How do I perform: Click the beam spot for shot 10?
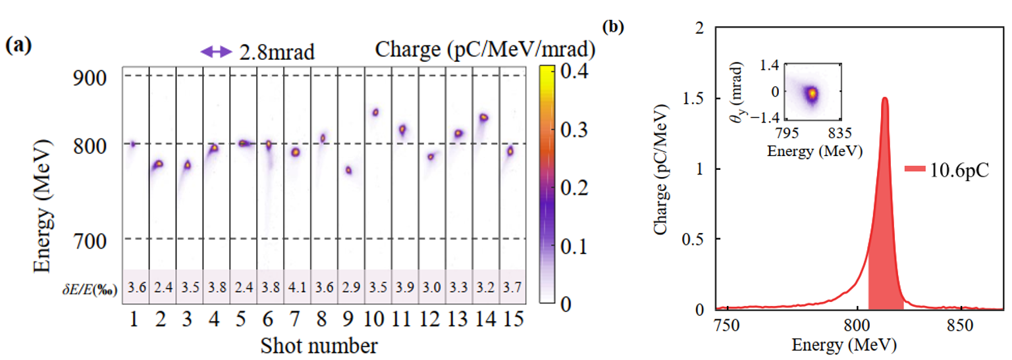pyautogui.click(x=375, y=113)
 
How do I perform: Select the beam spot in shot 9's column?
pyautogui.click(x=348, y=170)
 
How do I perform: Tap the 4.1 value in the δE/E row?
pyautogui.click(x=295, y=286)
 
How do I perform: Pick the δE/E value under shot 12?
pyautogui.click(x=431, y=286)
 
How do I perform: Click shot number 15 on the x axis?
pyautogui.click(x=511, y=321)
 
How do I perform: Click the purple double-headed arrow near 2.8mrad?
pyautogui.click(x=217, y=51)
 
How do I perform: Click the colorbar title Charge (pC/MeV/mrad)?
pyautogui.click(x=486, y=49)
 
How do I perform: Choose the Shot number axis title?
pyautogui.click(x=319, y=344)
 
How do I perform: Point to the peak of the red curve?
pyautogui.click(x=884, y=99)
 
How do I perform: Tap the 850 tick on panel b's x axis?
pyautogui.click(x=960, y=323)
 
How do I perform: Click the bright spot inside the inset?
pyautogui.click(x=812, y=93)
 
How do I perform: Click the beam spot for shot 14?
pyautogui.click(x=483, y=117)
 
